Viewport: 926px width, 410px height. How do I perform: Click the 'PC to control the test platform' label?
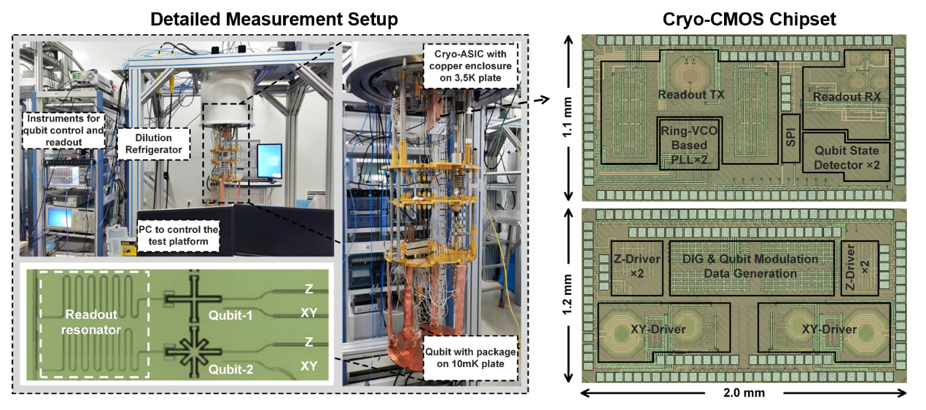(179, 234)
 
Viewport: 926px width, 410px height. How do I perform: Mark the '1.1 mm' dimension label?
(567, 119)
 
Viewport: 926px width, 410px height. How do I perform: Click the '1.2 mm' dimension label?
(567, 295)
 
